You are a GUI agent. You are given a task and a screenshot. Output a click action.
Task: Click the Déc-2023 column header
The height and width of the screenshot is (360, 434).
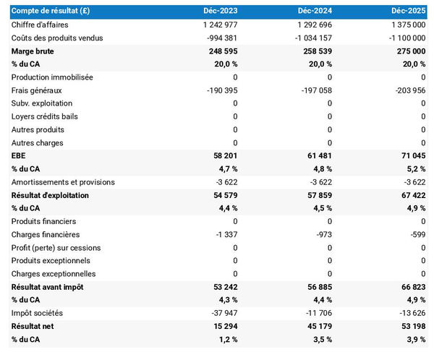[221, 12]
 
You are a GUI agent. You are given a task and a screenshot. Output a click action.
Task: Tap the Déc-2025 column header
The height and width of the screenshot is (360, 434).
[409, 12]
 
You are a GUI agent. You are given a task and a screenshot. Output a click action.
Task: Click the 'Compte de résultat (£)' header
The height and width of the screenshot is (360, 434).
[51, 12]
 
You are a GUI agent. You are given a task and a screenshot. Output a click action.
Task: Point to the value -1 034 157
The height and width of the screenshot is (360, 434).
[307, 38]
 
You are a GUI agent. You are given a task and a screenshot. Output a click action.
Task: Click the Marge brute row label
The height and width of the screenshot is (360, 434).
[33, 51]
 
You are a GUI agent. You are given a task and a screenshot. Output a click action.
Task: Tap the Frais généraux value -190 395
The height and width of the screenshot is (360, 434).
[218, 90]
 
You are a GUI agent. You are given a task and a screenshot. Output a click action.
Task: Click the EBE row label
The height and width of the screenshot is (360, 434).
[19, 156]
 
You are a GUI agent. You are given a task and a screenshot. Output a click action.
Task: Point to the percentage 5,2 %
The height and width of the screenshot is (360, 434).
[414, 169]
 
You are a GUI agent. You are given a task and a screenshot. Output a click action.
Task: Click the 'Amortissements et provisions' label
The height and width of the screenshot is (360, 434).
[62, 182]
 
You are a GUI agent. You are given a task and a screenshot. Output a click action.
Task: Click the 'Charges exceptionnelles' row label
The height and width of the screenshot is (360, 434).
[54, 274]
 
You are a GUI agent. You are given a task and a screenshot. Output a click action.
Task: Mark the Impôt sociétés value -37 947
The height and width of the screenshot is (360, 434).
[221, 313]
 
